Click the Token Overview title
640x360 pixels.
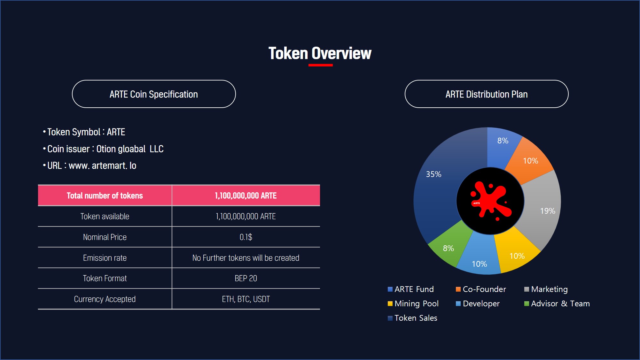320,53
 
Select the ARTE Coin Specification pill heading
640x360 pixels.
154,94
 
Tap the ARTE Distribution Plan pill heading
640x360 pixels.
486,94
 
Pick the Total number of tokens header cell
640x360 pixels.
105,195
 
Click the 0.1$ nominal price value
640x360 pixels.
246,237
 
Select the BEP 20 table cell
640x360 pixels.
246,278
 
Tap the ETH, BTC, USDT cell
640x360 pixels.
246,299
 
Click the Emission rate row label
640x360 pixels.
105,258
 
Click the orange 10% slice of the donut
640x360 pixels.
529,160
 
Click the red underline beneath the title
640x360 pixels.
320,65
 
